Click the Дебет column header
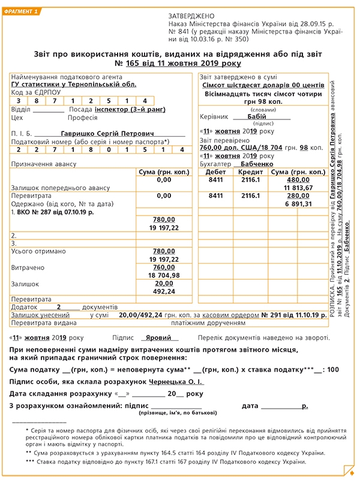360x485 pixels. coord(215,172)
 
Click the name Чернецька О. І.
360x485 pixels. coord(179,381)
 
